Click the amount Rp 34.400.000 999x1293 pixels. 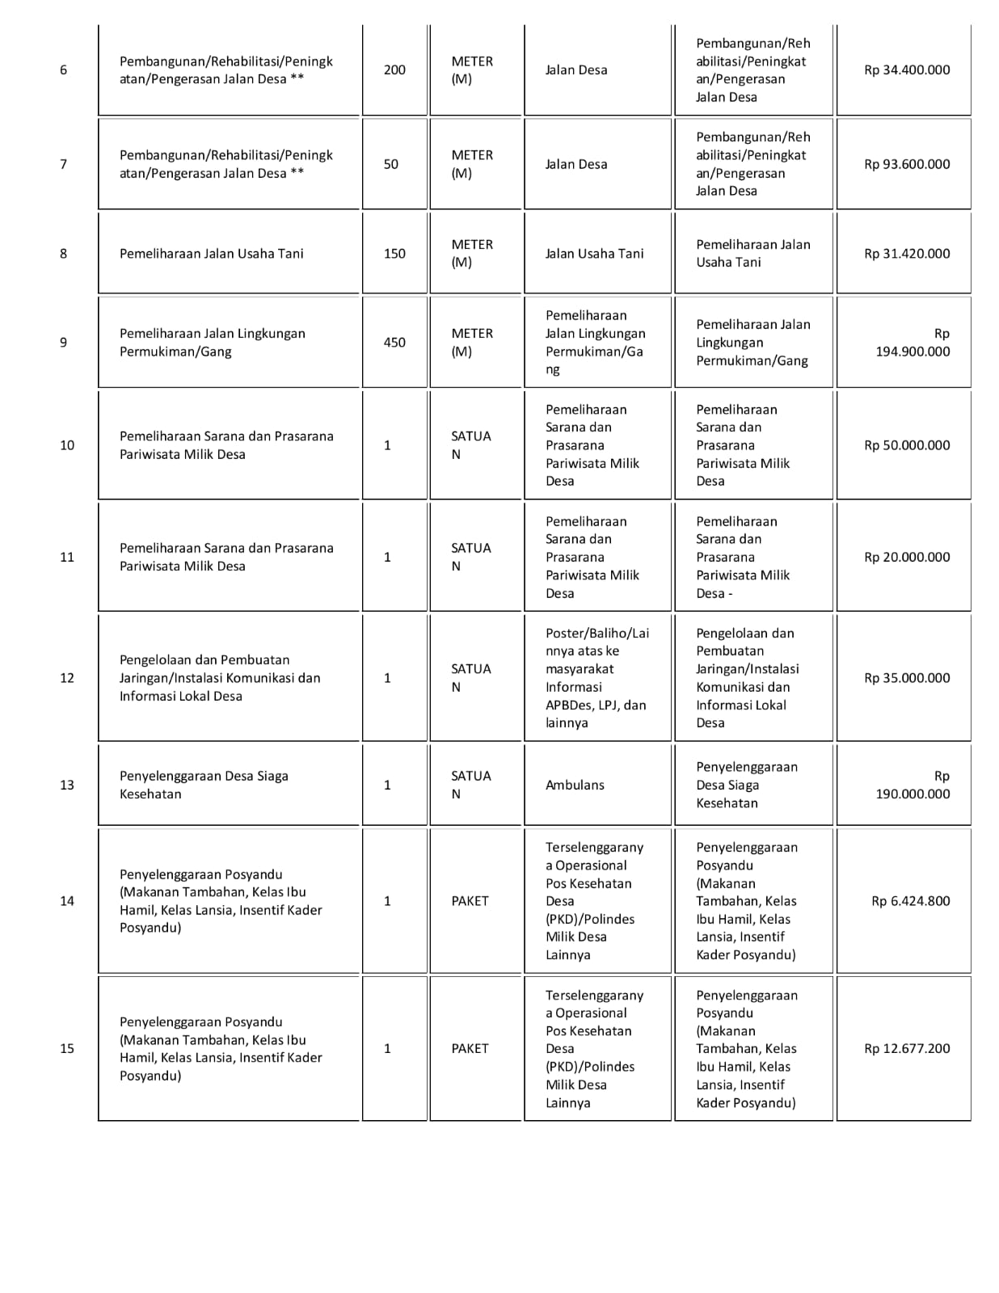(x=907, y=70)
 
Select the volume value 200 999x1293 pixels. (x=394, y=70)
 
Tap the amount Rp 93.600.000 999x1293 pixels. (x=907, y=164)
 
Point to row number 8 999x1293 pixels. (x=64, y=254)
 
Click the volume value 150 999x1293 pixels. (x=394, y=254)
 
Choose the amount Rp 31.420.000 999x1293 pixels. (x=907, y=254)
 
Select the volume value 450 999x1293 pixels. (x=394, y=343)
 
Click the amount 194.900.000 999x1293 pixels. (x=913, y=352)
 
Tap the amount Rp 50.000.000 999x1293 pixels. (x=907, y=445)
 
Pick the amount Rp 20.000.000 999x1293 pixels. (x=907, y=558)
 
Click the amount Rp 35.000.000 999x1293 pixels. (x=907, y=678)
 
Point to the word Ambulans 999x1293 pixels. (x=575, y=785)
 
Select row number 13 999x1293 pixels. (x=67, y=785)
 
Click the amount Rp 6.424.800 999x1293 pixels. (x=910, y=901)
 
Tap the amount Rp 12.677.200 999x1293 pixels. (x=907, y=1049)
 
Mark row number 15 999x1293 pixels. (x=67, y=1049)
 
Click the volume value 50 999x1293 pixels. (x=391, y=164)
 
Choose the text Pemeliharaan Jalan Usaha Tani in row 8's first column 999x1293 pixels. (x=212, y=254)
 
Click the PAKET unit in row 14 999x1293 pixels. (x=470, y=901)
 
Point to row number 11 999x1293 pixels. (x=67, y=558)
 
